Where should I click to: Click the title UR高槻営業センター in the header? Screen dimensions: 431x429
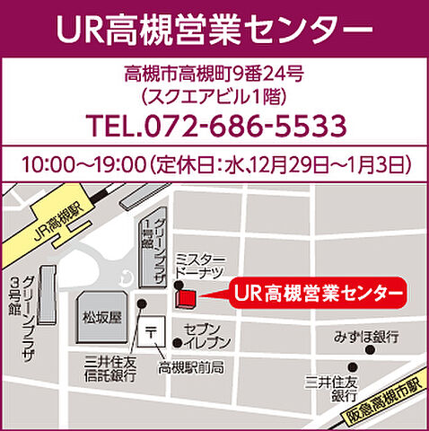pos(214,29)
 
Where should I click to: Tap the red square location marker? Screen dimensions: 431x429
pos(184,296)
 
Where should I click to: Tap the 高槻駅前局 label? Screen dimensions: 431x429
pos(190,367)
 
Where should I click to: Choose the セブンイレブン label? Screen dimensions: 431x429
pos(207,336)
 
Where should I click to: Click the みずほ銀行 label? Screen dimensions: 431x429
pos(365,337)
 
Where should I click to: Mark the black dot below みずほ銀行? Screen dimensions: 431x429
pos(354,366)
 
